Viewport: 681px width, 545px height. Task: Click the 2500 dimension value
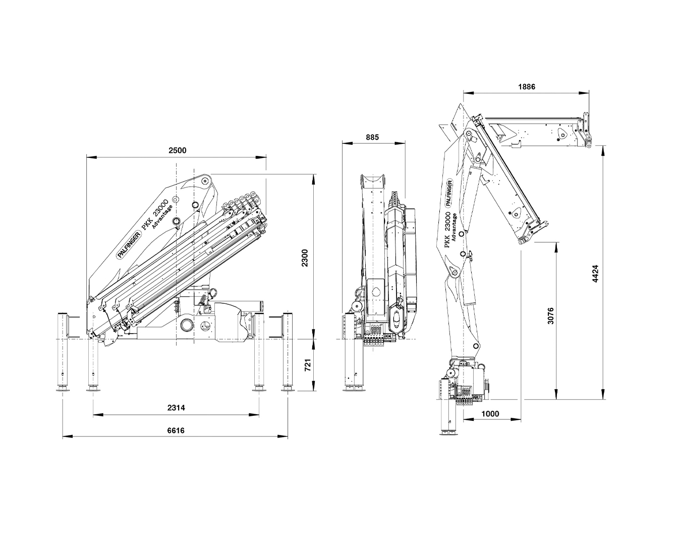pyautogui.click(x=177, y=150)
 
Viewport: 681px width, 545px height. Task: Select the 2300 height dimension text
pyautogui.click(x=304, y=258)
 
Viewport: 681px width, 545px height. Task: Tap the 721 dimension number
pyautogui.click(x=308, y=365)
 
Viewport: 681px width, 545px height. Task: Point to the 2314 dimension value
pyautogui.click(x=176, y=408)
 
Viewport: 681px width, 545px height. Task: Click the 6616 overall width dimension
pyautogui.click(x=176, y=430)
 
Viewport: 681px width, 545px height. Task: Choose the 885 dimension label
pyautogui.click(x=372, y=137)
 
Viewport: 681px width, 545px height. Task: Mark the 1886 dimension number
pyautogui.click(x=527, y=86)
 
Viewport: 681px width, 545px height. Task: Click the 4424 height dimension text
pyautogui.click(x=595, y=274)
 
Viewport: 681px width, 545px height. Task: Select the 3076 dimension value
pyautogui.click(x=551, y=315)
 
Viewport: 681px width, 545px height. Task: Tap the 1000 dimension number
pyautogui.click(x=490, y=414)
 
